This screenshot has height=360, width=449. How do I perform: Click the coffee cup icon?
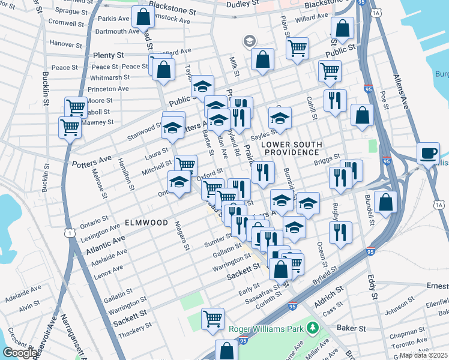(x=429, y=153)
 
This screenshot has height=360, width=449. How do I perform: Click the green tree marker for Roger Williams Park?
(x=312, y=328)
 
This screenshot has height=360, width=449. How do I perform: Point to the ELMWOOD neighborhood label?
(x=146, y=223)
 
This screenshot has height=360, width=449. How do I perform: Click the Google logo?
(x=20, y=353)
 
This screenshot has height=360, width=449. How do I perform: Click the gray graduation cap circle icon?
(x=249, y=41)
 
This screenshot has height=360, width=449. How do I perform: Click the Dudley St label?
(x=243, y=4)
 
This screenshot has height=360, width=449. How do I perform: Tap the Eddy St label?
(x=372, y=287)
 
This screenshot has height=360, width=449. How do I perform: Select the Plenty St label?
(x=108, y=55)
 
